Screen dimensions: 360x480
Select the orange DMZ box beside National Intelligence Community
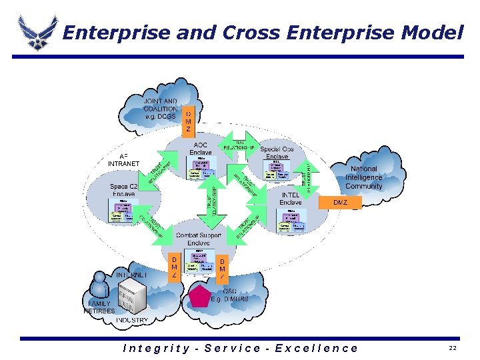[x=341, y=201]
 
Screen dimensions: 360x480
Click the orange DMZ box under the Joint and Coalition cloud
[x=188, y=120]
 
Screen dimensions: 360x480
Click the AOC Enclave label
[x=200, y=149]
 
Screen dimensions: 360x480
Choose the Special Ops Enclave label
[x=277, y=153]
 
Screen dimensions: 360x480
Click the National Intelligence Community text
[x=363, y=178]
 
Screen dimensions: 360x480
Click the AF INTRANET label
[x=123, y=159]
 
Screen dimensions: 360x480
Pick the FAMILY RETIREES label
[x=99, y=307]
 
